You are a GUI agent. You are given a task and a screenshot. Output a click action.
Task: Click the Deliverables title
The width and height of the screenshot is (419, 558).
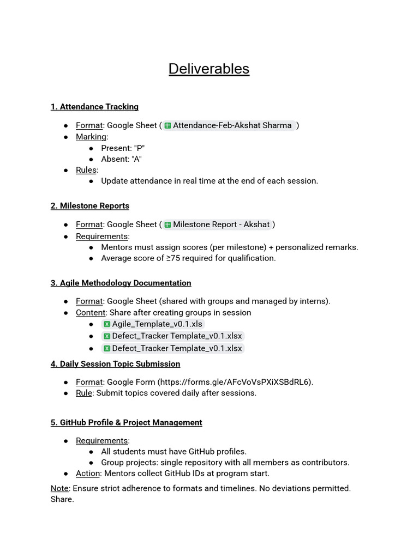pyautogui.click(x=209, y=69)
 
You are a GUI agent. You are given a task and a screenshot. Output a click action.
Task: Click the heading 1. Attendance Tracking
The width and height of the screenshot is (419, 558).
pyautogui.click(x=94, y=107)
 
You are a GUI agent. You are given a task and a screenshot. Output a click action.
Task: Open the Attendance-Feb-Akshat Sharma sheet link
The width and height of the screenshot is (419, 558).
pyautogui.click(x=232, y=125)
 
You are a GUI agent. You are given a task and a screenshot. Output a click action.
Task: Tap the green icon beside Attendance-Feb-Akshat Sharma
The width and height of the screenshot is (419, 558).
pyautogui.click(x=168, y=125)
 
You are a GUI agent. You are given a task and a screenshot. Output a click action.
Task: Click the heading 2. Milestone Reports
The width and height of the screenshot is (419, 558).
pyautogui.click(x=90, y=205)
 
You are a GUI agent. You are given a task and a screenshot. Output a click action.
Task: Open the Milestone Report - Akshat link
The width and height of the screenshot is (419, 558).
pyautogui.click(x=221, y=225)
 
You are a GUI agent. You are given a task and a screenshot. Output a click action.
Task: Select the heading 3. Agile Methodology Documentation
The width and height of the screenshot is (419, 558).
pyautogui.click(x=121, y=283)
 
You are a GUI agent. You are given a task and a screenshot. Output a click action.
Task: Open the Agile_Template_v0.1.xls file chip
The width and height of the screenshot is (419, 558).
pyautogui.click(x=157, y=324)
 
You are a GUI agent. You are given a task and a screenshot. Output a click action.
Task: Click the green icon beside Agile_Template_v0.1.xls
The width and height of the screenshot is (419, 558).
pyautogui.click(x=107, y=324)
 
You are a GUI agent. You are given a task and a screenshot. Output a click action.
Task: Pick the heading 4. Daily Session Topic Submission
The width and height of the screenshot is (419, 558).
pyautogui.click(x=116, y=363)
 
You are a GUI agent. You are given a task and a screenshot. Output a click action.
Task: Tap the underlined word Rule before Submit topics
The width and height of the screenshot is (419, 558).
pyautogui.click(x=84, y=393)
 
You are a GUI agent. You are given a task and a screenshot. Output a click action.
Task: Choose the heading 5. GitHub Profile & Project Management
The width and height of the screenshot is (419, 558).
pyautogui.click(x=127, y=422)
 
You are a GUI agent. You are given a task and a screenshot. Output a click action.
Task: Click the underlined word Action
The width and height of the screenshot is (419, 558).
pyautogui.click(x=88, y=473)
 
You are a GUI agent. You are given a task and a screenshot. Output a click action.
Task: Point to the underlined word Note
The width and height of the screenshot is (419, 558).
pyautogui.click(x=59, y=488)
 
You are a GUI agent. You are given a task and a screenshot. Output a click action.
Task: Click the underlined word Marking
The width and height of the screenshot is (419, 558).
pyautogui.click(x=91, y=137)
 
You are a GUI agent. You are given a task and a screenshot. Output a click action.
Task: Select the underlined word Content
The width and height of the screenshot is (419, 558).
pyautogui.click(x=91, y=313)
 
